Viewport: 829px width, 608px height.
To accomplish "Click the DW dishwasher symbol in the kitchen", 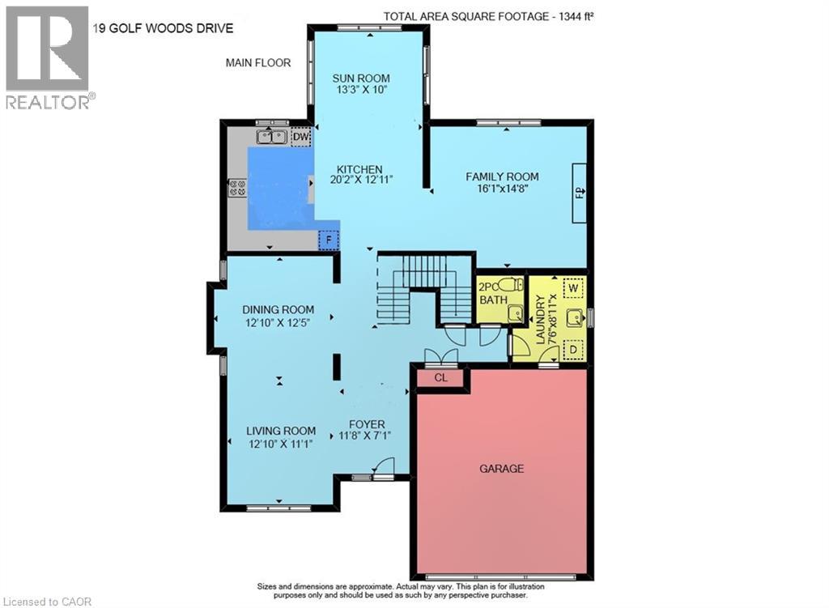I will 300,137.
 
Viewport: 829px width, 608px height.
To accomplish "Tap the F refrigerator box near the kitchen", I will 328,240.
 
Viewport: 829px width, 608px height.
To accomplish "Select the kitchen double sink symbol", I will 271,137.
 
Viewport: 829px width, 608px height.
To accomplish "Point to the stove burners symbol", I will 237,188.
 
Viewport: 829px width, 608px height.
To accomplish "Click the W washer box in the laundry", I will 573,287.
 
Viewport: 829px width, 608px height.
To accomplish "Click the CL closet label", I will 440,377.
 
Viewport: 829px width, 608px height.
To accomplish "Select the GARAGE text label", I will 501,468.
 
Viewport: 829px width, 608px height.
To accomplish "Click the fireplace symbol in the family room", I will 580,192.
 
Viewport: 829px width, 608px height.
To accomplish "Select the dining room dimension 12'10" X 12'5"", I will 278,322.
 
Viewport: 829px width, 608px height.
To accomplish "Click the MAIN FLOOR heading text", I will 258,62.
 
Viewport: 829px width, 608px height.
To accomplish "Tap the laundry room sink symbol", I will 573,318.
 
